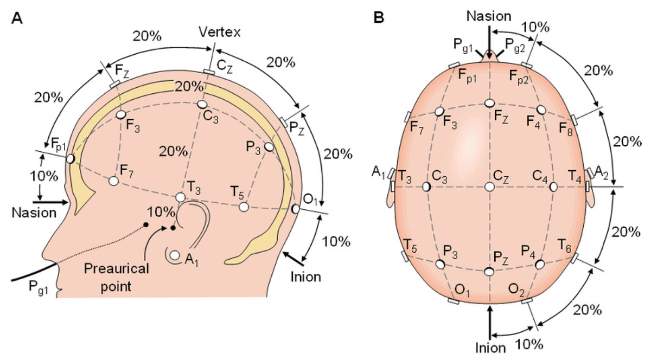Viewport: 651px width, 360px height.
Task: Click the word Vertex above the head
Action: tap(220, 31)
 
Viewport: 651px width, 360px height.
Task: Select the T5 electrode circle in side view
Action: tap(244, 207)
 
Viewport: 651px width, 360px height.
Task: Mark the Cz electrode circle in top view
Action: tap(490, 187)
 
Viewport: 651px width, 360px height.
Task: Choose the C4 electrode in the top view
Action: tap(553, 187)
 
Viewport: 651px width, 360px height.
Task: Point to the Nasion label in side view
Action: tap(34, 213)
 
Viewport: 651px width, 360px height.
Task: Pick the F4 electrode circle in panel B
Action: tap(540, 110)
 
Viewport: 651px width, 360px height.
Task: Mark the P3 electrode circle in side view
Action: tap(270, 147)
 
